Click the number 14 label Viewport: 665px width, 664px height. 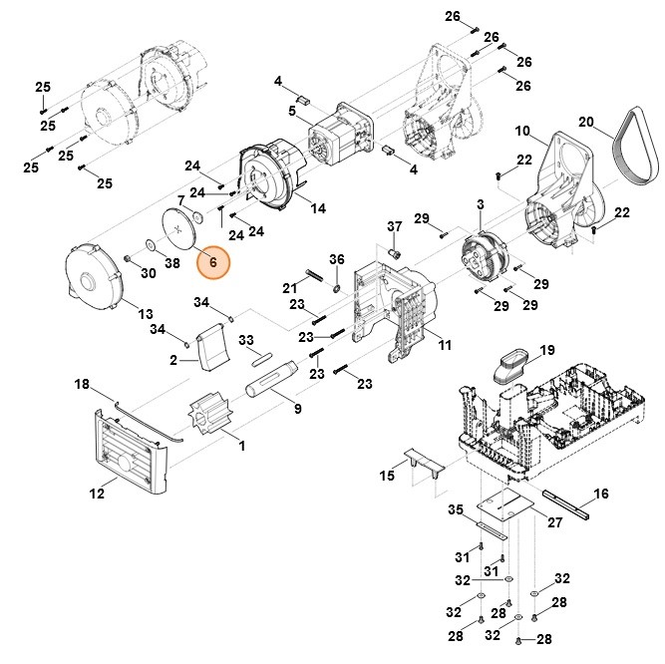(318, 208)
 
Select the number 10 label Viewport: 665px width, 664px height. (521, 132)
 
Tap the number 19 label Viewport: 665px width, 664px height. (546, 350)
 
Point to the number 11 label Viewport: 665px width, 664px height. (445, 345)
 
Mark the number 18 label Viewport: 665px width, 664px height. (82, 384)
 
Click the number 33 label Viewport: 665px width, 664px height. (245, 340)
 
